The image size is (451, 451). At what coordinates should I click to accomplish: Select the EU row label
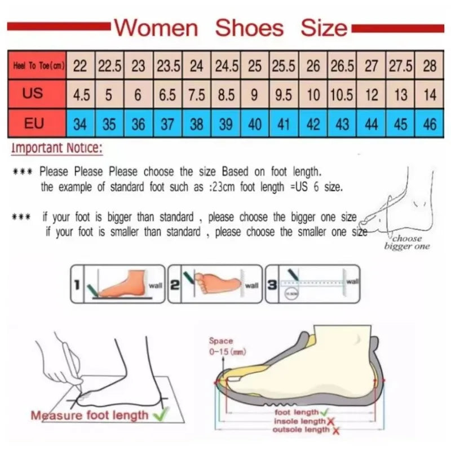coord(34,123)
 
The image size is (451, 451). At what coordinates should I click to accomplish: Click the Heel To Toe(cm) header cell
coord(38,66)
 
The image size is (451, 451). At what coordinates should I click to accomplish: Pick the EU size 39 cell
coord(225,123)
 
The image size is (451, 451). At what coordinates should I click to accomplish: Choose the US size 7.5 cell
coord(196,95)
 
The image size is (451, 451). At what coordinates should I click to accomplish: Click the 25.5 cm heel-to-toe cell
coord(284,66)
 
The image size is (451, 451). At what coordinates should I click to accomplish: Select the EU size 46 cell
coord(430,123)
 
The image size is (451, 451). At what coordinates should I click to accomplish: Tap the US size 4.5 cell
coord(81,95)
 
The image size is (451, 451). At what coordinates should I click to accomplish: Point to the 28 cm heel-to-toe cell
coord(430,66)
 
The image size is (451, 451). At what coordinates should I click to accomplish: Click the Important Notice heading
coord(57,149)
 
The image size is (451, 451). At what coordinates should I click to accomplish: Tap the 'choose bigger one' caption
coord(407,242)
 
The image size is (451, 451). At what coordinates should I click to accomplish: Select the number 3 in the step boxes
coord(272,285)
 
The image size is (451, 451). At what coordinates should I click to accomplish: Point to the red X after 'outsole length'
coord(336,430)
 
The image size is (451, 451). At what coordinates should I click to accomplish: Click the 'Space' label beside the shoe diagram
coord(220,341)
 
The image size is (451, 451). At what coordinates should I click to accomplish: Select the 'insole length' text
coord(299,421)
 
